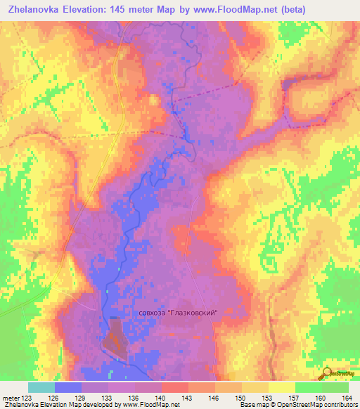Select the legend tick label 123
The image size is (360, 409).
(27, 398)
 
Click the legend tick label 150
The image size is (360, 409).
(241, 398)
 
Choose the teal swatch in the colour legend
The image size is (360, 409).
(41, 387)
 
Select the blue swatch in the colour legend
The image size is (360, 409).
(67, 387)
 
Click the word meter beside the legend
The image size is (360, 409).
(10, 398)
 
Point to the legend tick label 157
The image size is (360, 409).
(295, 398)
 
